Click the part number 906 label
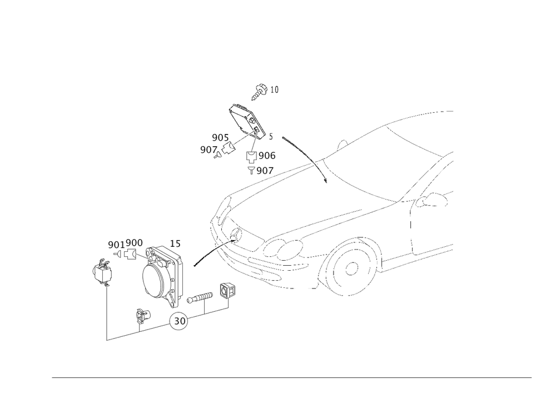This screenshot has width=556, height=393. point(267,156)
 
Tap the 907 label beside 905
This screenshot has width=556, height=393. point(208,150)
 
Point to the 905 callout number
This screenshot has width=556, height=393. point(219,137)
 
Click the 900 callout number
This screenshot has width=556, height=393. point(134,243)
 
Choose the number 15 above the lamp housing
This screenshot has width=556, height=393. point(175,243)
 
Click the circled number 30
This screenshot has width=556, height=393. point(180,321)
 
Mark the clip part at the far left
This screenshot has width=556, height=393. point(101,273)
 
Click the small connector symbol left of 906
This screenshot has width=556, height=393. point(250,156)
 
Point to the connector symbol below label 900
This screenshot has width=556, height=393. point(131,255)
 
